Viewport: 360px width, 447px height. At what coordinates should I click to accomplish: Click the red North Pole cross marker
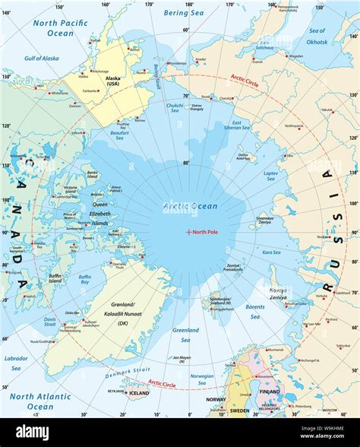point(188,232)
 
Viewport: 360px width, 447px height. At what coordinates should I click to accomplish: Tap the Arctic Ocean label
point(190,206)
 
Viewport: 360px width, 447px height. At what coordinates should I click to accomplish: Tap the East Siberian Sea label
point(236,127)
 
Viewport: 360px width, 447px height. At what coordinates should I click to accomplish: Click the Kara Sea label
point(271,252)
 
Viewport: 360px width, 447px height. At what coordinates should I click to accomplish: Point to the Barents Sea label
point(254,312)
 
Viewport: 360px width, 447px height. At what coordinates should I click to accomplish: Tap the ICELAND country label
point(139,394)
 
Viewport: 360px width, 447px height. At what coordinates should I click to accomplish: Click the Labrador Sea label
point(16,363)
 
